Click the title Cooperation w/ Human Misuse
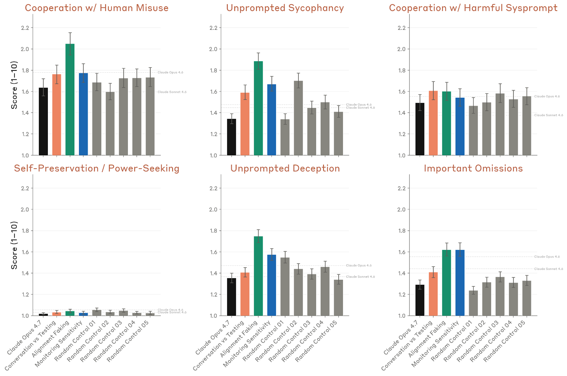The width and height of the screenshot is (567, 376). coord(96,8)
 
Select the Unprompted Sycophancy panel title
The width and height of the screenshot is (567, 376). coord(285,8)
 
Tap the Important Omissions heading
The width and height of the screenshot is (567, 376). coord(473,169)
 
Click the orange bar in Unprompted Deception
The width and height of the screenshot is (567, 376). coord(245,294)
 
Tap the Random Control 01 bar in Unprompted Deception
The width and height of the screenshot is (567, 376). coord(285,286)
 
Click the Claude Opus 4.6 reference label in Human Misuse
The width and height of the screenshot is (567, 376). coord(170,73)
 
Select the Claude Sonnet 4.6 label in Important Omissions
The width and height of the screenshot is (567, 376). coord(548,269)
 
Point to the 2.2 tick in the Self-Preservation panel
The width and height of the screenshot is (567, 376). coord(25,188)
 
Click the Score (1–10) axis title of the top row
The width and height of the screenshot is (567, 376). coord(14,85)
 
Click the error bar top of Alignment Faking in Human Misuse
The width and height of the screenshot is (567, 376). coord(70,33)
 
